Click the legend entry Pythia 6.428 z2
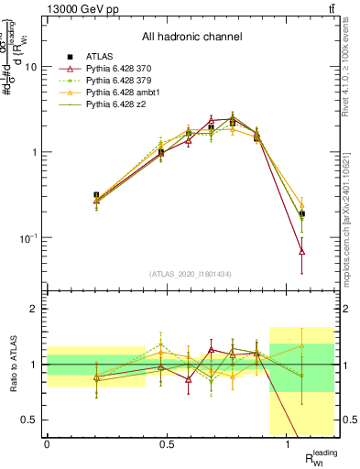pos(122,104)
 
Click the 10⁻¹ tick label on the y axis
pos(29,238)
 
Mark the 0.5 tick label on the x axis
pos(167,444)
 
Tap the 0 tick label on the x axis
pos(47,444)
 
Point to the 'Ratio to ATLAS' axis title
pos(12,364)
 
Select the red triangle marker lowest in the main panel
pos(302,251)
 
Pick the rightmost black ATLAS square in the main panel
pos(302,213)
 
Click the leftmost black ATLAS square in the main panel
pos(71,195)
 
